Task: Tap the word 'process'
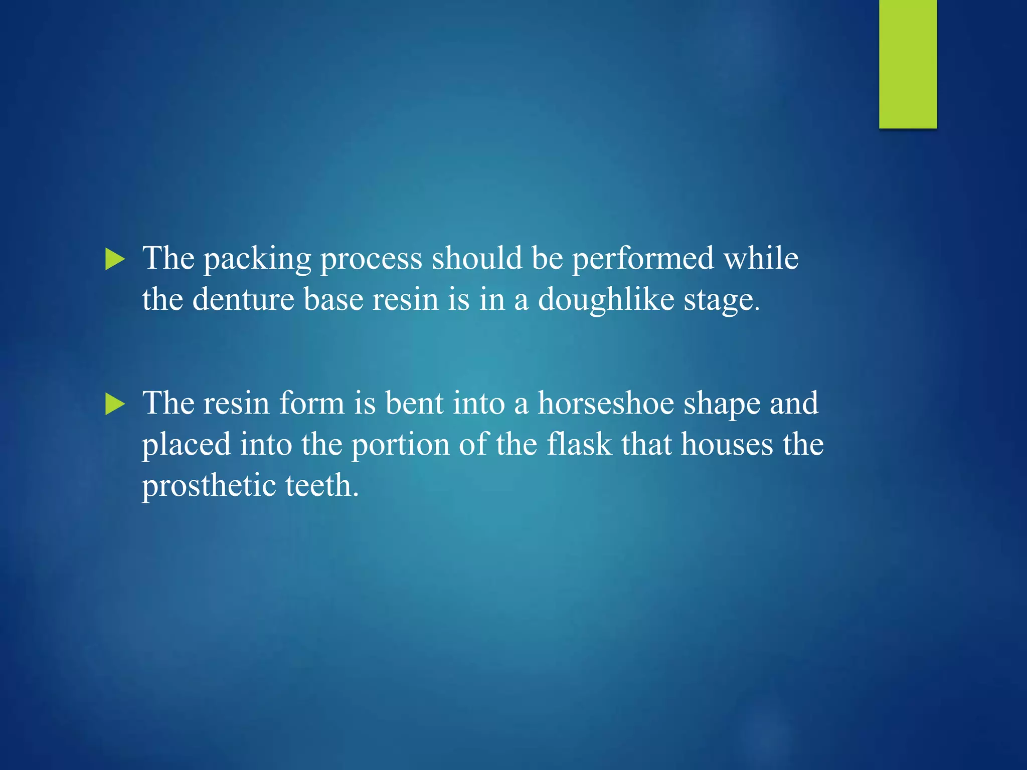[x=371, y=260]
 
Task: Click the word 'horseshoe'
[x=606, y=403]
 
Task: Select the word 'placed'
[x=186, y=445]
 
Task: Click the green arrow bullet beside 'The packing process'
[x=115, y=260]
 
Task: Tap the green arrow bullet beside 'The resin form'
[x=115, y=404]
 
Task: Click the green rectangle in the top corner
[x=908, y=64]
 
